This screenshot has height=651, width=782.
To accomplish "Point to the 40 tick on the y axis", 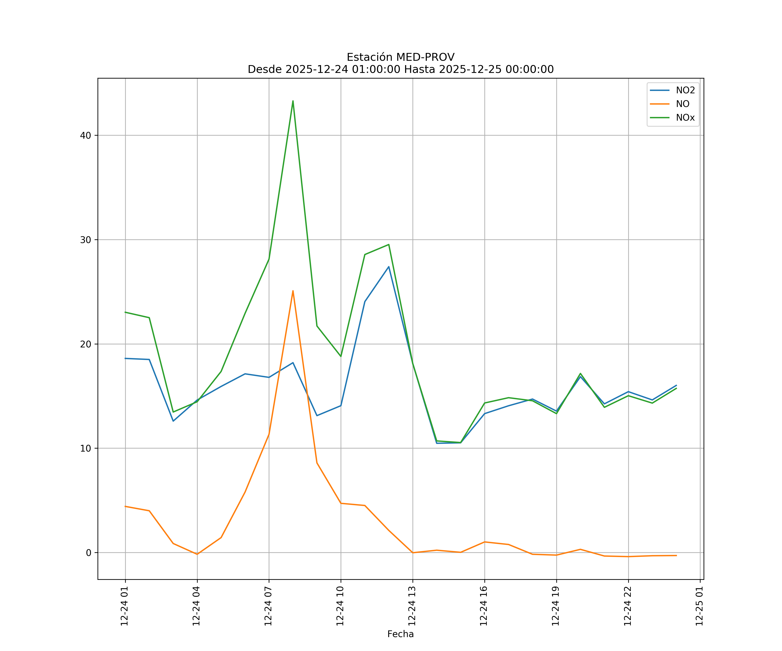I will click(x=86, y=135).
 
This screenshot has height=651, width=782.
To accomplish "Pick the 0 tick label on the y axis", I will click(x=89, y=553).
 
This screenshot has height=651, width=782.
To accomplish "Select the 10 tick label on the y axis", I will click(x=86, y=448).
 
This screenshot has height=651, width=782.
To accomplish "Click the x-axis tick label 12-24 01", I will click(x=124, y=606).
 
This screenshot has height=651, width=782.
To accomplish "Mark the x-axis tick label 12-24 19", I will click(x=556, y=606).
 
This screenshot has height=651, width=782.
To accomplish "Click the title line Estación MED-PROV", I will click(x=400, y=57).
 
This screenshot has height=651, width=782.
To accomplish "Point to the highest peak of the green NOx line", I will click(x=293, y=101).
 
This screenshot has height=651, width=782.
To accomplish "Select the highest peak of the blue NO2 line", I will click(x=389, y=267).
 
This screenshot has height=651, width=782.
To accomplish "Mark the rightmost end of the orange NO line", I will click(x=676, y=555).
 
